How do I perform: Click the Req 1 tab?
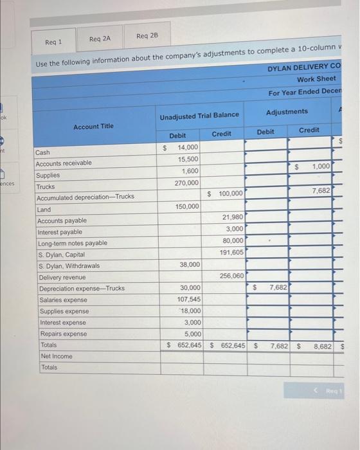53,42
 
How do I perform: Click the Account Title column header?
93,126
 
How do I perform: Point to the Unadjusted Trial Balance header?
199,115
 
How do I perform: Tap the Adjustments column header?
287,112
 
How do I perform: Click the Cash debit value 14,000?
188,148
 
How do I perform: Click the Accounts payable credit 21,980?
231,218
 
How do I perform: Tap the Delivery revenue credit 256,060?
231,276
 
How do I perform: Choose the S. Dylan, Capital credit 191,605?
231,253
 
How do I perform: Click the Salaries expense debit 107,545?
188,299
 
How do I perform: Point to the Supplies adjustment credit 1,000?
321,166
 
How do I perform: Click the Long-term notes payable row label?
73,243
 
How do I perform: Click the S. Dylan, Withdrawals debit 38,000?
189,264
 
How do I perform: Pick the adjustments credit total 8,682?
321,346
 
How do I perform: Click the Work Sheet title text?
316,79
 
